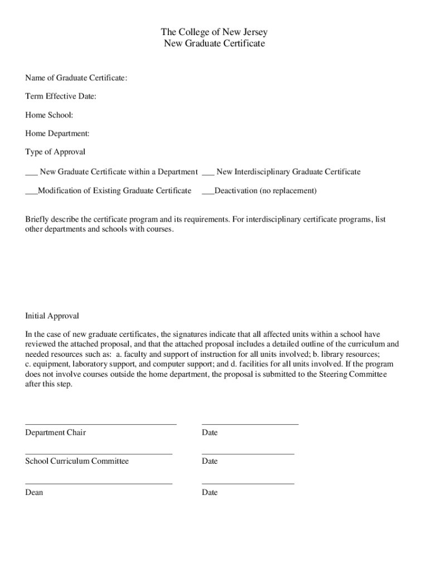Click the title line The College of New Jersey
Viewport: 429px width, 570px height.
coord(214,32)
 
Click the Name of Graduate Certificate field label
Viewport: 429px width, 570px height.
coord(76,78)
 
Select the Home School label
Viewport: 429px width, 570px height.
coord(49,115)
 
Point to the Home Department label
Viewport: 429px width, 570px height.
coord(57,134)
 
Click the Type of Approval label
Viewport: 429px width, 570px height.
coord(55,152)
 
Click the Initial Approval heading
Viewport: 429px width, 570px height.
coord(52,316)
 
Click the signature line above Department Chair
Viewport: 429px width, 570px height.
coord(101,424)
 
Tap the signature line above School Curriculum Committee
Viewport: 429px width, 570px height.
coord(99,454)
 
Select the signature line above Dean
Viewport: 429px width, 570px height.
coord(99,484)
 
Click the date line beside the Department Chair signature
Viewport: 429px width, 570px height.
coord(250,424)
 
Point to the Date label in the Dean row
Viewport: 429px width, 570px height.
coord(210,493)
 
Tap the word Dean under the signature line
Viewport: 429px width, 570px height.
coord(34,493)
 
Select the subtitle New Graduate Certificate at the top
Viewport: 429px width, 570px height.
coord(214,43)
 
